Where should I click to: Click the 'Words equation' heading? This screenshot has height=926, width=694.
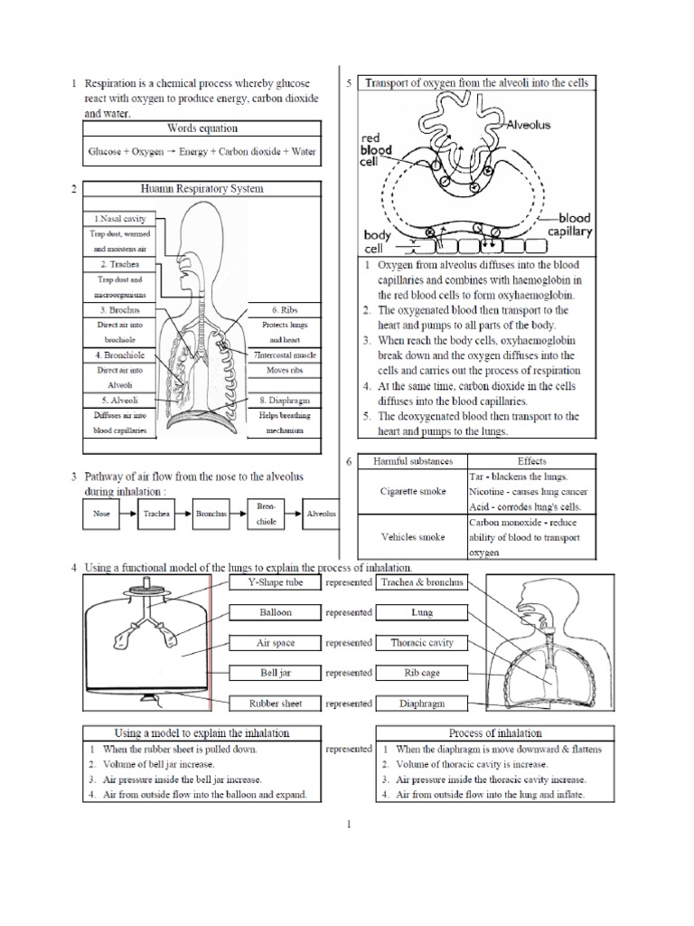point(202,128)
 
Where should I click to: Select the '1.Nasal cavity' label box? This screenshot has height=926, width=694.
point(119,219)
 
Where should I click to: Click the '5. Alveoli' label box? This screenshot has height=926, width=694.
point(119,401)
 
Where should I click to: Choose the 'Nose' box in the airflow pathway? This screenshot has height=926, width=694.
point(99,513)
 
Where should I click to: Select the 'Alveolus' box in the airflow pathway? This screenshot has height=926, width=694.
point(321,513)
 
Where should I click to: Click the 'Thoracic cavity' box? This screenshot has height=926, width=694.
point(422,643)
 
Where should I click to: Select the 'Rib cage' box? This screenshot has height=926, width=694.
point(422,673)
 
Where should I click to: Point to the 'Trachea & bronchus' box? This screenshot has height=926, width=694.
point(422,583)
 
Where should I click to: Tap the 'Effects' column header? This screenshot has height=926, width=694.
point(531,461)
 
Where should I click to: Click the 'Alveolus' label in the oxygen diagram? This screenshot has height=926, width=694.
point(530,125)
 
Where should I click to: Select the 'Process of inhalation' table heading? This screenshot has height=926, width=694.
point(495,732)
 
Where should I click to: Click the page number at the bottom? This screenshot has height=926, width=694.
point(348,824)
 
